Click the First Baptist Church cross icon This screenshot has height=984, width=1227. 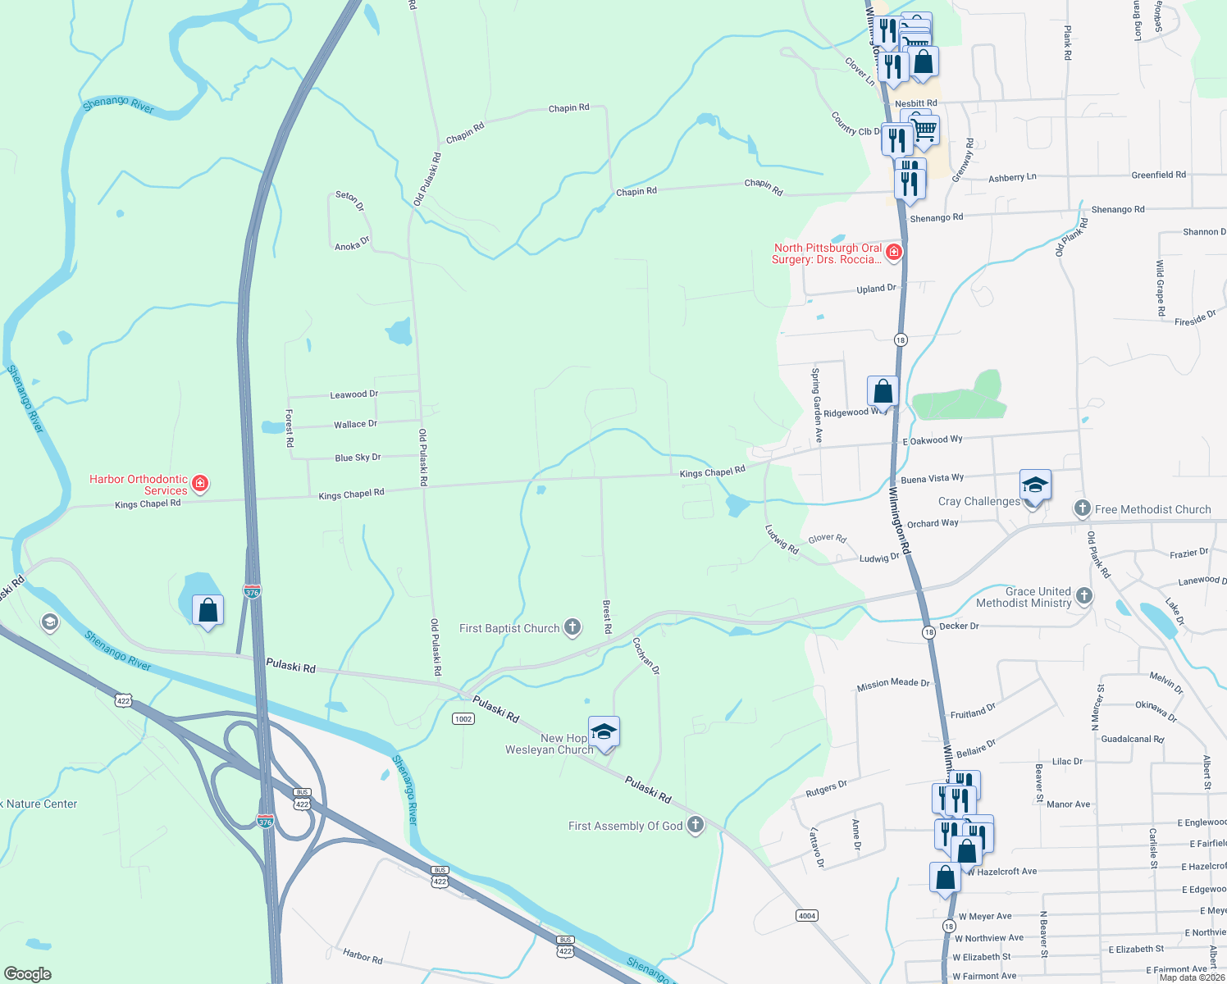572,628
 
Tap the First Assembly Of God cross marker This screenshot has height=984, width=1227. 696,825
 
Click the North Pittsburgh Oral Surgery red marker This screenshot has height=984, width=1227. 894,253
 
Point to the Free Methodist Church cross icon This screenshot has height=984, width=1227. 1083,509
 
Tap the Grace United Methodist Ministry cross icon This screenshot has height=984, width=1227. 1084,596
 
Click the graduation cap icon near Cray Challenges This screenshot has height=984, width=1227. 1035,485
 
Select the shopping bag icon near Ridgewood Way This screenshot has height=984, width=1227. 883,391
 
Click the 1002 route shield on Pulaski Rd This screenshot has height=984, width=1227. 463,718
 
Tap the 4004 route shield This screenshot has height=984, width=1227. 807,915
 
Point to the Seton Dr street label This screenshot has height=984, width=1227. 349,200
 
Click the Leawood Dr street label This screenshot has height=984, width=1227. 354,394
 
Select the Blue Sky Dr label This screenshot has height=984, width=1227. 358,458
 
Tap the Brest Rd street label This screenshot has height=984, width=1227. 607,617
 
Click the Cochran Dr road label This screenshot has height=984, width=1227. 646,656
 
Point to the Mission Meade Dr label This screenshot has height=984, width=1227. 893,683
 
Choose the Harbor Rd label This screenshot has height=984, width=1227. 363,955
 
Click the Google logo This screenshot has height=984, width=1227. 27,973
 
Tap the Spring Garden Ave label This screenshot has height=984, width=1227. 817,405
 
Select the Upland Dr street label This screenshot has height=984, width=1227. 876,289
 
